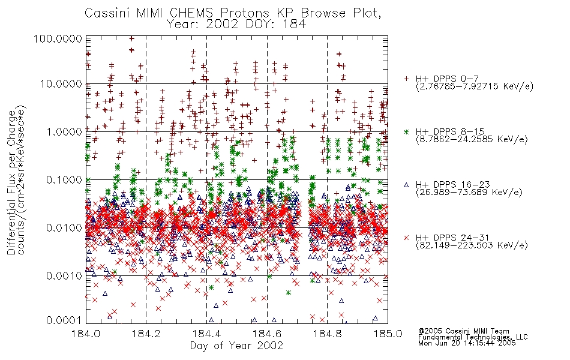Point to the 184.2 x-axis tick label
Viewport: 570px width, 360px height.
[x=146, y=334]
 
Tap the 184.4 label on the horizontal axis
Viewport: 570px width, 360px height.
[x=206, y=334]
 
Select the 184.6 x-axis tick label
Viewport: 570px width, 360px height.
[x=267, y=334]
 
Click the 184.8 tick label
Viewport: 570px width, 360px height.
[x=327, y=334]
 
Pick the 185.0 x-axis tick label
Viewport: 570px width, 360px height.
[x=388, y=334]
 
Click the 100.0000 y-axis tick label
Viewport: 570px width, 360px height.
[x=58, y=38]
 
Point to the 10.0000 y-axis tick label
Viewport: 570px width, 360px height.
[x=61, y=84]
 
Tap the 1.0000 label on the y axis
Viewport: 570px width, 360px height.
[x=64, y=131]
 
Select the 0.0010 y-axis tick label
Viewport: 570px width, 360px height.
[x=64, y=276]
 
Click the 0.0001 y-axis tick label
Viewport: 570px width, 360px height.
[x=64, y=320]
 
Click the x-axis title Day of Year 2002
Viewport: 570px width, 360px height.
[x=236, y=346]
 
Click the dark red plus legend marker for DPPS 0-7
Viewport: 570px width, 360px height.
[x=406, y=79]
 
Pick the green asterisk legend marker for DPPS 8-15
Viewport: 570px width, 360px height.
[x=406, y=131]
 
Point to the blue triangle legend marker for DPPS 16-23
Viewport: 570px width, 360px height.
[x=406, y=185]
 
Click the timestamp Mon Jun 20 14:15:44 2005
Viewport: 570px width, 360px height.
[x=467, y=343]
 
